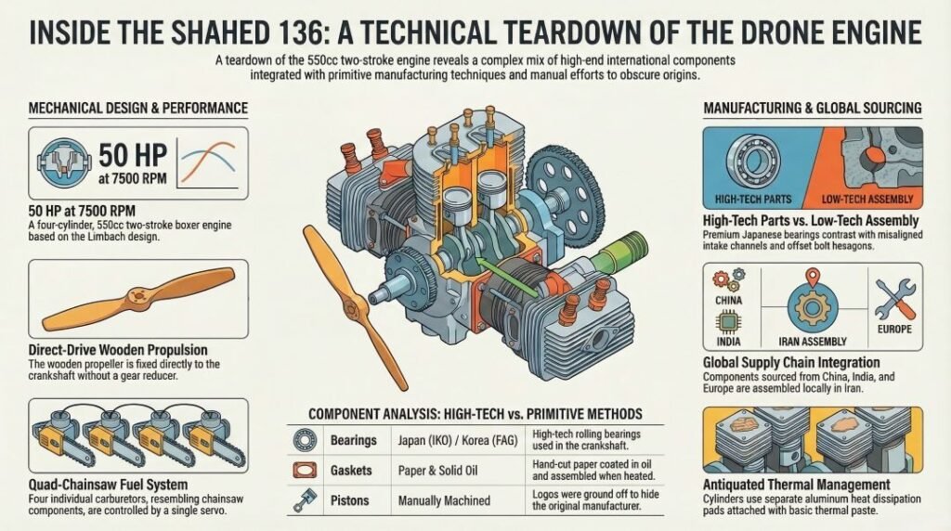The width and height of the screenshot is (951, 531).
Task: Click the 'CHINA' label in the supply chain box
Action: coord(731,301)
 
